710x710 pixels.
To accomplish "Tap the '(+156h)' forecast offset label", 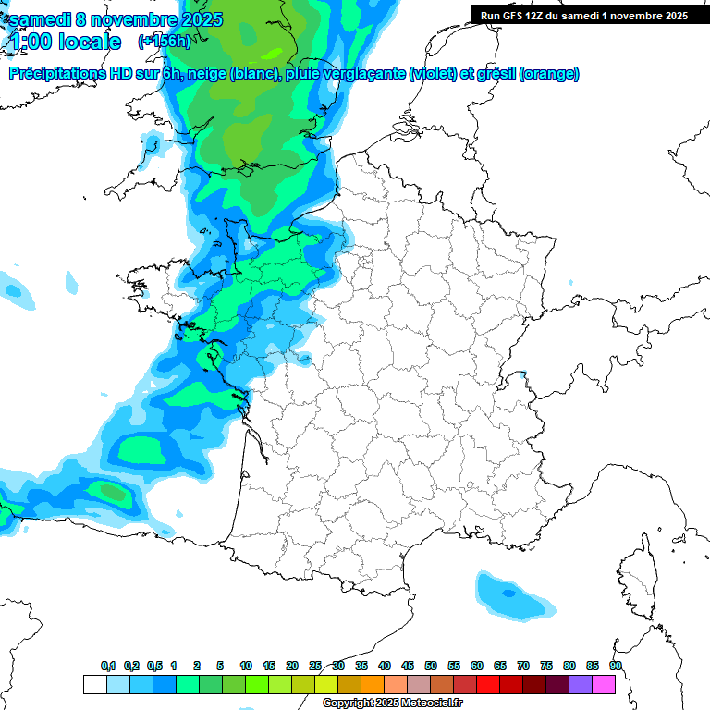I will pyautogui.click(x=165, y=41).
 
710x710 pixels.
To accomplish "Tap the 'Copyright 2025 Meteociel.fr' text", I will pyautogui.click(x=392, y=704).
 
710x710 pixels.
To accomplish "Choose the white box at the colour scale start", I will pyautogui.click(x=94, y=684).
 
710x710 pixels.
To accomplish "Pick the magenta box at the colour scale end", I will pyautogui.click(x=604, y=684).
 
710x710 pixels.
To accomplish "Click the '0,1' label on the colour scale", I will pyautogui.click(x=107, y=666).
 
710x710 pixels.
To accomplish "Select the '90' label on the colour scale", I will pyautogui.click(x=616, y=666).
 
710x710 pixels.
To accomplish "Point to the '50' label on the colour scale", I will pyautogui.click(x=431, y=666).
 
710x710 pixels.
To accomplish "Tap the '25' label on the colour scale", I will pyautogui.click(x=315, y=666).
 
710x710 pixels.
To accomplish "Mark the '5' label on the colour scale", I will pyautogui.click(x=220, y=666).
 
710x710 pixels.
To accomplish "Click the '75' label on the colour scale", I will pyautogui.click(x=546, y=666).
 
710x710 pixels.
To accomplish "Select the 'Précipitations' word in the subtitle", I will pyautogui.click(x=57, y=74).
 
